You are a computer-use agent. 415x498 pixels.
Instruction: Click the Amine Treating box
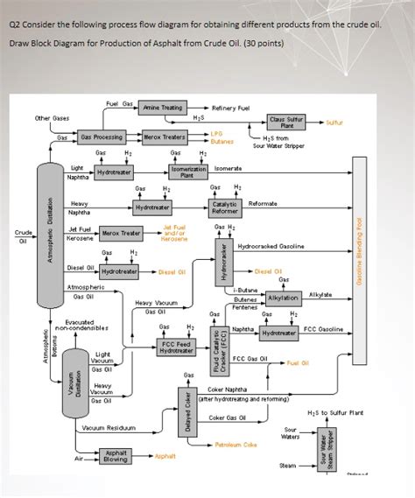[x=162, y=108]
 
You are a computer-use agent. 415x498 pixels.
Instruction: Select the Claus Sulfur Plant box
[x=286, y=123]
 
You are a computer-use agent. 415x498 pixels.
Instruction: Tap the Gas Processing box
[x=101, y=137]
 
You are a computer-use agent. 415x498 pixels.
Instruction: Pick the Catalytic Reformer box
[x=224, y=207]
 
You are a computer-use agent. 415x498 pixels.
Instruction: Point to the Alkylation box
[x=283, y=298]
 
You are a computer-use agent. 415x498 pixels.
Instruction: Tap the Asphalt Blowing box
[x=115, y=456]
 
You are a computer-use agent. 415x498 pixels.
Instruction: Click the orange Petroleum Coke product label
[x=236, y=445]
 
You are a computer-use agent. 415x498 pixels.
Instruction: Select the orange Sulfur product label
[x=334, y=123]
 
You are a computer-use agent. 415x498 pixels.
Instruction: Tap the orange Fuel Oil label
[x=298, y=362]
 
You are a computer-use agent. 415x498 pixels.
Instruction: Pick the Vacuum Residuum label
[x=109, y=428]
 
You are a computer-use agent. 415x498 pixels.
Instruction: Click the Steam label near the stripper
[x=287, y=466]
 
